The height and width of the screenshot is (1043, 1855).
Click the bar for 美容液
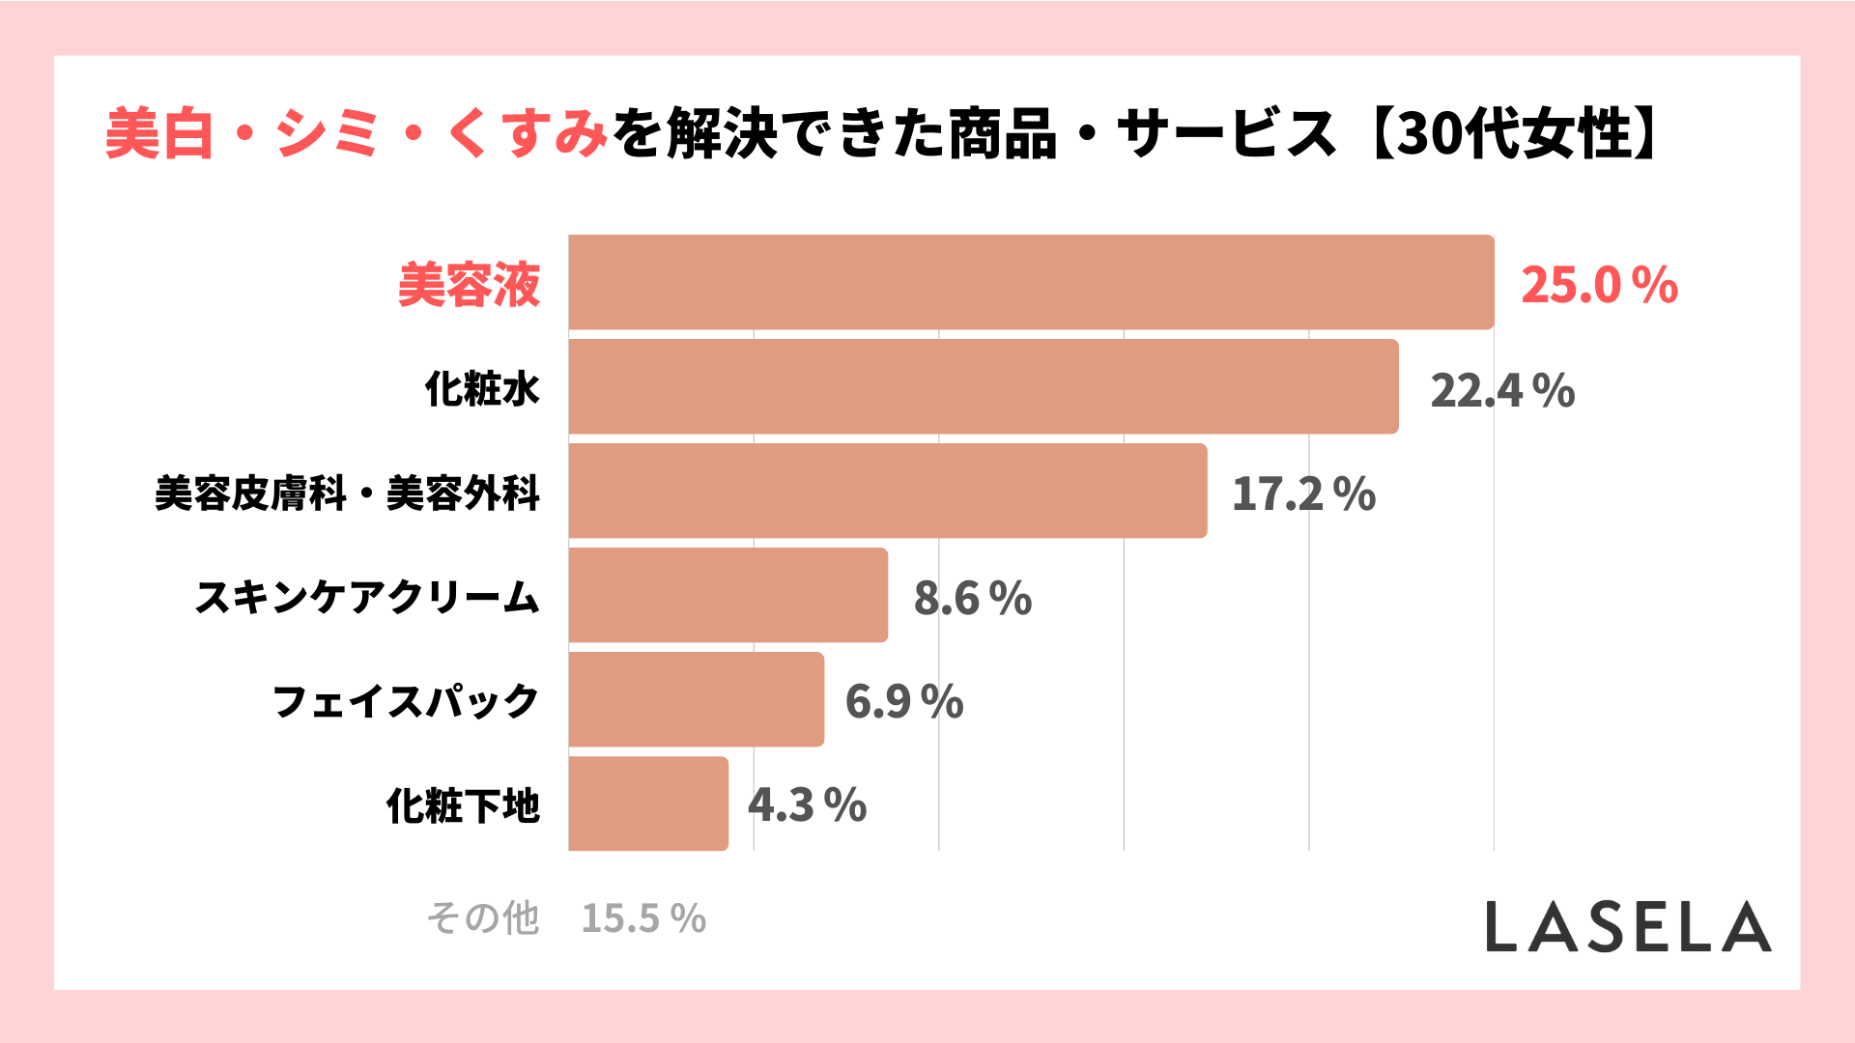click(1031, 282)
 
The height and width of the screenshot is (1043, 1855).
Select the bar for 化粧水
click(984, 386)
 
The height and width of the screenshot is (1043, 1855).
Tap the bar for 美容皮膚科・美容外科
click(888, 491)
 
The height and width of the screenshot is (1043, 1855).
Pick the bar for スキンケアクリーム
click(728, 595)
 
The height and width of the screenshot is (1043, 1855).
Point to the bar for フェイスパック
click(696, 699)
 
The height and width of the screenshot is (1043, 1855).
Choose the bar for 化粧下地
click(648, 803)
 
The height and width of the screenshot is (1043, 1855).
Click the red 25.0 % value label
click(1599, 285)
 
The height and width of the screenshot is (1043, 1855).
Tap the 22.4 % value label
click(1502, 390)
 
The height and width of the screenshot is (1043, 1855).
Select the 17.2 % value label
click(1303, 493)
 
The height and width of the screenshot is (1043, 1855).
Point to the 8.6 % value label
click(973, 598)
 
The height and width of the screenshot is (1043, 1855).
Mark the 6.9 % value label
click(904, 701)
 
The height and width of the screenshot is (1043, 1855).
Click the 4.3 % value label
click(808, 805)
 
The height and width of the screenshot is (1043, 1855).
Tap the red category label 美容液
click(469, 285)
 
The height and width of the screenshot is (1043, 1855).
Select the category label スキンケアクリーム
click(367, 597)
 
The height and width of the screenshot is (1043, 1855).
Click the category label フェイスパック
click(406, 701)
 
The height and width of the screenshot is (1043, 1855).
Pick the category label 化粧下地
click(463, 805)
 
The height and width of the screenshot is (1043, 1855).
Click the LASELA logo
click(1628, 927)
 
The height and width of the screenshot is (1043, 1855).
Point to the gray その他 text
click(483, 918)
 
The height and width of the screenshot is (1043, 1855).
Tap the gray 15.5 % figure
click(643, 918)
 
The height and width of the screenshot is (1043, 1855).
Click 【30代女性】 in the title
click(1512, 133)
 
